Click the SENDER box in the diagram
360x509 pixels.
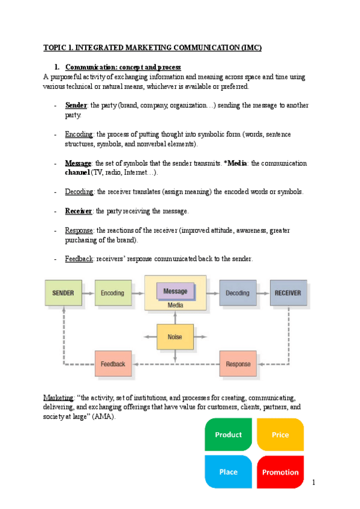pos(63,293)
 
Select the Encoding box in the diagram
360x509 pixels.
pos(113,293)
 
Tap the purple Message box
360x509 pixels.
pos(175,291)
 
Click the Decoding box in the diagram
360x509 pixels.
pos(238,293)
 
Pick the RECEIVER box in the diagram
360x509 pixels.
pos(288,293)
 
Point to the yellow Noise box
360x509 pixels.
pos(175,337)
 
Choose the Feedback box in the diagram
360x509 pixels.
pos(113,364)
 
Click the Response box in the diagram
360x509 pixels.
pos(238,364)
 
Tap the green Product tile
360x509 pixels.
pos(228,435)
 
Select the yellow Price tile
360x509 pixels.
pos(280,435)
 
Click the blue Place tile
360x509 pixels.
pos(228,472)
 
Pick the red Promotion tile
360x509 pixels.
pos(280,472)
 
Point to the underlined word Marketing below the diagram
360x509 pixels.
pos(58,398)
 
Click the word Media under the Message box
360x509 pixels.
pos(175,305)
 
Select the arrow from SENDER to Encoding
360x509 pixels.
pos(88,293)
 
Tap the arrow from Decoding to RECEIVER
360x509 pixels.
pos(263,293)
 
